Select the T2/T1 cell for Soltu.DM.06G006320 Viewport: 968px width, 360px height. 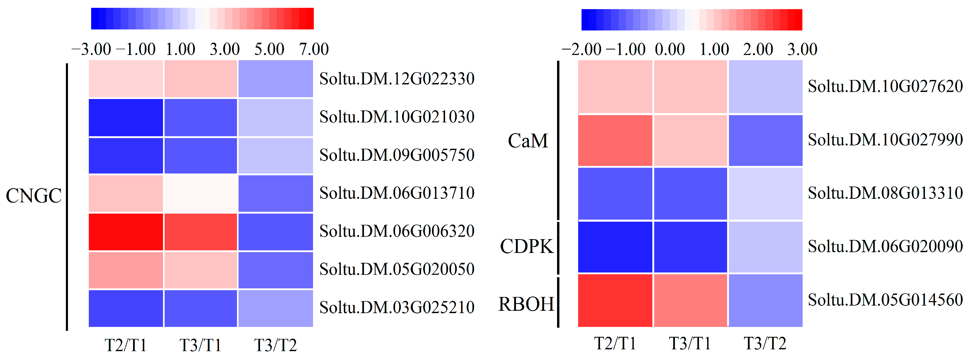click(126, 232)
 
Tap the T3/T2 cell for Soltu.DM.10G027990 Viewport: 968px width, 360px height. click(765, 140)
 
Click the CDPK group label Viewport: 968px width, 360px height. click(527, 246)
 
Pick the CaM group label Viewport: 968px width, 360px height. click(528, 141)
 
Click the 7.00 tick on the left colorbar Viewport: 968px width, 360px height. click(314, 49)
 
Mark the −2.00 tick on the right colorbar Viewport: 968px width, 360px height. click(581, 49)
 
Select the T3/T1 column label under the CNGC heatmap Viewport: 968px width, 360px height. click(200, 345)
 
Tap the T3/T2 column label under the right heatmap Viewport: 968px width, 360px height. click(765, 343)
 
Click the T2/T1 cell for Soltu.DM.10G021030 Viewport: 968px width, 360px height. click(126, 117)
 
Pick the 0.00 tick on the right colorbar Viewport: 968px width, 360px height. click(670, 49)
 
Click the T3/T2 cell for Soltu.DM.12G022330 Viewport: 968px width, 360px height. click(276, 79)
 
